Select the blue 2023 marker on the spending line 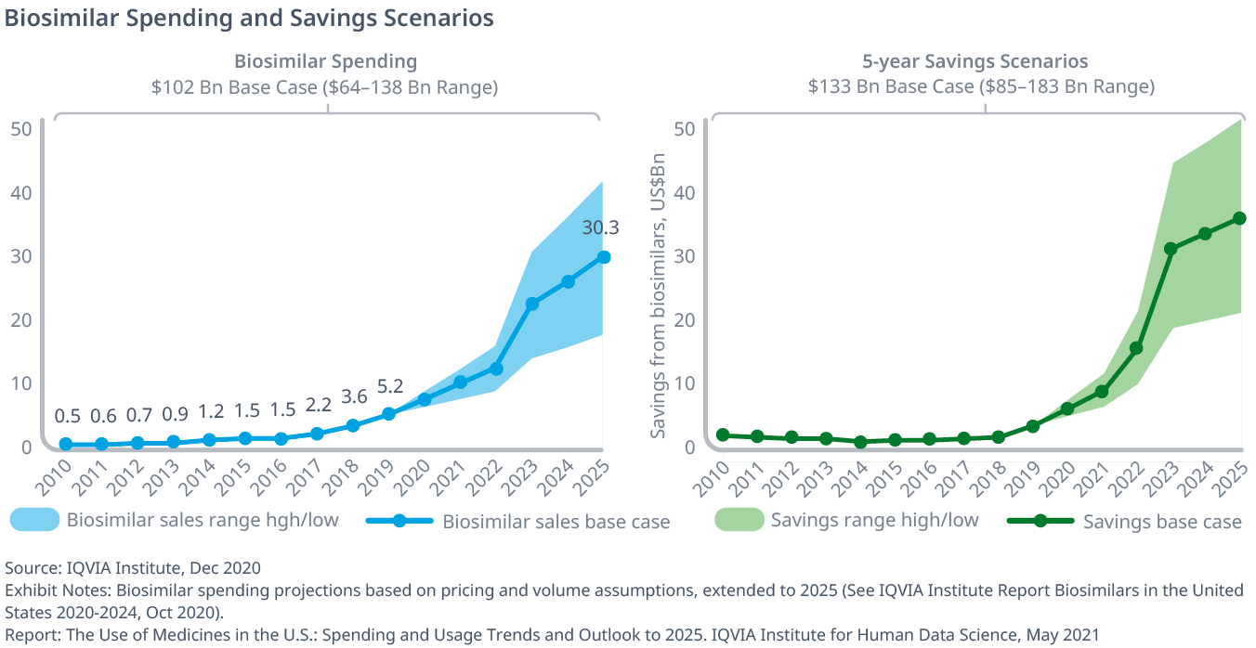(x=532, y=304)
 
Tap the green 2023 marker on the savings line (x=1171, y=249)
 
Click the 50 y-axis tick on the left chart (x=21, y=128)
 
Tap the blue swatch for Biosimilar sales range (x=34, y=520)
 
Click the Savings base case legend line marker (x=1041, y=521)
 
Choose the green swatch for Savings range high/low (x=739, y=520)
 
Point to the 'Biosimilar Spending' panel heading (x=325, y=61)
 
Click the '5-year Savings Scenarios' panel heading (x=975, y=61)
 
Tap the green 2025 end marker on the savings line (x=1238, y=218)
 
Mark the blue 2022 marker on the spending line (x=496, y=369)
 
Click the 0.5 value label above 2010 (x=66, y=415)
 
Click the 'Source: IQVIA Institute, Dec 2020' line (x=133, y=567)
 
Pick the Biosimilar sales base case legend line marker (x=399, y=521)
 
